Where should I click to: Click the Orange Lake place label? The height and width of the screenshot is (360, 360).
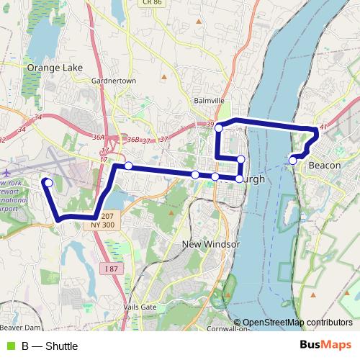55,68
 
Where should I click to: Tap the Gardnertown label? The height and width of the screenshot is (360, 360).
114,81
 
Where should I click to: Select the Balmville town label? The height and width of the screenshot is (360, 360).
210,101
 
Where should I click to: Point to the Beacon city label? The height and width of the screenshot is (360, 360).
324,166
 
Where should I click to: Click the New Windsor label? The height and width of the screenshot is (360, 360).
210,244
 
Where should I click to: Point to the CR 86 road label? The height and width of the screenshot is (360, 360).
151,3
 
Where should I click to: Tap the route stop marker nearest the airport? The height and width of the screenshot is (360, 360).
48,183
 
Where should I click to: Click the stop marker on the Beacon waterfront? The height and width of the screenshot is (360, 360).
292,160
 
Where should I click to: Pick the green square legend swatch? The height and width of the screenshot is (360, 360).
9,346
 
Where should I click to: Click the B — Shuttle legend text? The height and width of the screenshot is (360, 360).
49,346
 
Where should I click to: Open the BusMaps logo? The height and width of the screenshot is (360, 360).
325,346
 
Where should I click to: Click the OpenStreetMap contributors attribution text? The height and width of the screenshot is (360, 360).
297,323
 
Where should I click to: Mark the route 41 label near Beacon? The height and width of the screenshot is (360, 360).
324,127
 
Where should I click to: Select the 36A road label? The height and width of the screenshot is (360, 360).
99,136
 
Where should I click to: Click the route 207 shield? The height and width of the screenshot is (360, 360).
107,215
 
